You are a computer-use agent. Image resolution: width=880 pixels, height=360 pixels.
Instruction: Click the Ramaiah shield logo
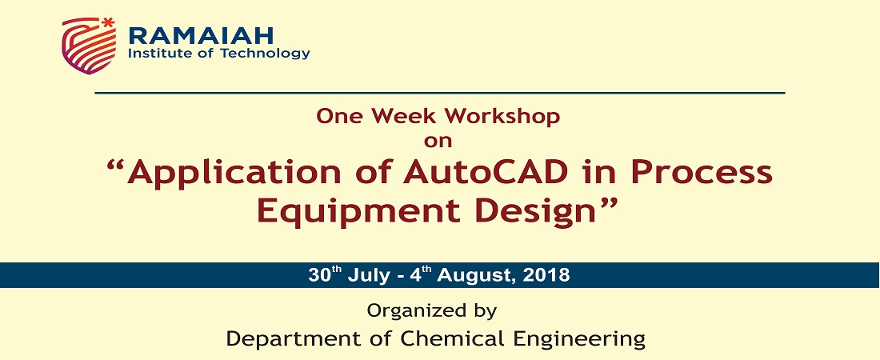[x=90, y=46]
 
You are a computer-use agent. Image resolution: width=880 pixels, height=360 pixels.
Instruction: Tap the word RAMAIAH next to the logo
[x=201, y=35]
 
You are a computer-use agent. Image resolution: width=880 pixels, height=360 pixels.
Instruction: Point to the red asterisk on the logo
[x=108, y=22]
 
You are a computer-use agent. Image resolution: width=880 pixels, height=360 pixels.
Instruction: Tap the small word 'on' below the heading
[x=438, y=141]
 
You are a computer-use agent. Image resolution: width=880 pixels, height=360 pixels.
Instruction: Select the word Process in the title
[x=702, y=173]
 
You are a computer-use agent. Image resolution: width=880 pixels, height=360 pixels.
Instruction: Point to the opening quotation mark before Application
[x=114, y=166]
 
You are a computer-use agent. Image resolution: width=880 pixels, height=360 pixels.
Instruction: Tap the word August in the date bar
[x=477, y=276]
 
